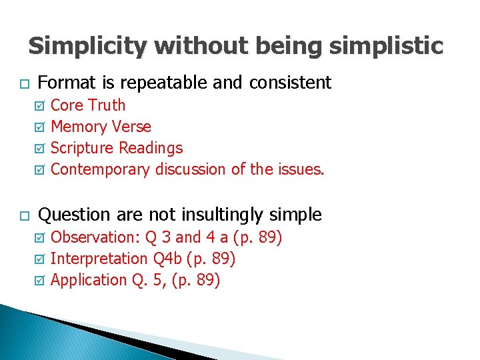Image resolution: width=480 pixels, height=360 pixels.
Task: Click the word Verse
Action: pos(133,127)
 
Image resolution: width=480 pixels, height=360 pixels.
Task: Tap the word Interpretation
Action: pos(99,259)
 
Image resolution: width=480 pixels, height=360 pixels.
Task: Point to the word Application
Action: pos(89,280)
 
